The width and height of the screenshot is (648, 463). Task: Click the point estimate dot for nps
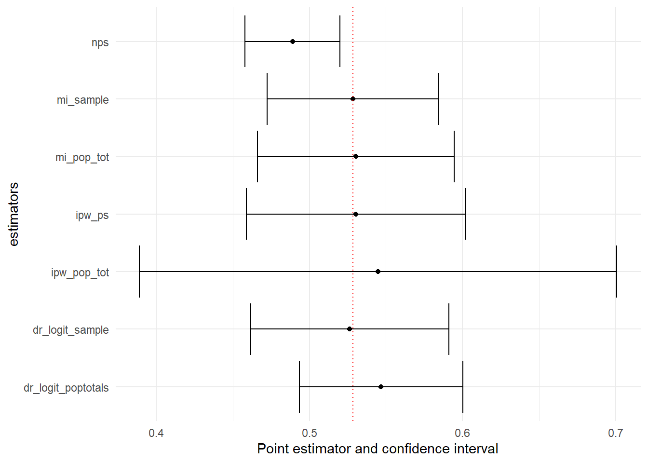coord(293,41)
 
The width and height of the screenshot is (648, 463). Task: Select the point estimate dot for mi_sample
coord(353,99)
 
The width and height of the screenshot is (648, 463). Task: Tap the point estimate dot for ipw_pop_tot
coord(378,272)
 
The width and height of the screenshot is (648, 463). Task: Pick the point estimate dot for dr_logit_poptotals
coord(381,387)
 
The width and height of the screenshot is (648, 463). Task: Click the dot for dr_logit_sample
coord(350,329)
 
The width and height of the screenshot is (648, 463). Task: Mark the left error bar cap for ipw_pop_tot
coord(139,272)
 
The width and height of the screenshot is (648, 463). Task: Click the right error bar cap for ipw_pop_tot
coord(617,272)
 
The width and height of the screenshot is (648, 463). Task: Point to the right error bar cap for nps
coord(340,41)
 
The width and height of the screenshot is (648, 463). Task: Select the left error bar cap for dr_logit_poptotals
coord(299,387)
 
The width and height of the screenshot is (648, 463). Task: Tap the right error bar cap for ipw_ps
coord(465,214)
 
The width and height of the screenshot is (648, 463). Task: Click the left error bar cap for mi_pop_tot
coord(257,156)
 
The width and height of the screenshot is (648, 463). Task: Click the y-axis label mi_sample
coord(83,100)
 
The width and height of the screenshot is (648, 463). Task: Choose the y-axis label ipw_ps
coord(92,215)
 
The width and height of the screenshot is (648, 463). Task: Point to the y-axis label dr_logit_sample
coord(71,330)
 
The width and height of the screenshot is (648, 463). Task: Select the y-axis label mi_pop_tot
coord(82,157)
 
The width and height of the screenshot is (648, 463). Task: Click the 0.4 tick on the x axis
coord(156,433)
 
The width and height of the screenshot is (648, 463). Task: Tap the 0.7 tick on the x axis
coord(616,433)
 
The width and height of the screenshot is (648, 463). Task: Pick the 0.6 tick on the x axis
coord(462,433)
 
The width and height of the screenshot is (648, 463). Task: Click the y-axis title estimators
coord(13,214)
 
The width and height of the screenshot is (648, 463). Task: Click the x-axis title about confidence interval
coord(378,449)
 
